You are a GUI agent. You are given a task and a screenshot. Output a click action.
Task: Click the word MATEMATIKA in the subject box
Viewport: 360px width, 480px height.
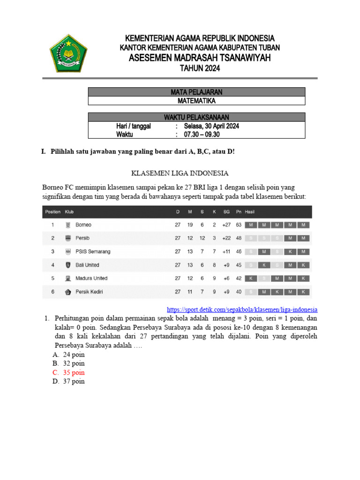click(196, 100)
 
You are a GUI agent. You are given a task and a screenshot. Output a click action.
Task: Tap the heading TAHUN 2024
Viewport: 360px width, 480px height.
click(200, 68)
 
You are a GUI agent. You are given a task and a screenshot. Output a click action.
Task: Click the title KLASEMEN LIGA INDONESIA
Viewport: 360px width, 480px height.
click(180, 173)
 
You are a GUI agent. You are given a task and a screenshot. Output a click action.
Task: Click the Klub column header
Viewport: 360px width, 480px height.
click(69, 212)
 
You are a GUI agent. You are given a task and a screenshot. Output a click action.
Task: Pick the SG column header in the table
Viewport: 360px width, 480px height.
click(226, 212)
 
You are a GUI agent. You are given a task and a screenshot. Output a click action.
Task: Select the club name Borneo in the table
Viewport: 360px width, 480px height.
click(83, 225)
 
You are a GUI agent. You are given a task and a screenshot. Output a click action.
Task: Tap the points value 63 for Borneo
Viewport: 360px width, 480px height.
click(239, 225)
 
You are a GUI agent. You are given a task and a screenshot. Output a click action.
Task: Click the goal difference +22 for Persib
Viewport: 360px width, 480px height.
click(227, 238)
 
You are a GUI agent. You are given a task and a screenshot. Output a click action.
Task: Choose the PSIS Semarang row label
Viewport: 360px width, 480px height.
click(93, 252)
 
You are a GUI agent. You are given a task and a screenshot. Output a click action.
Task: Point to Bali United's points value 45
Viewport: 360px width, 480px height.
click(239, 265)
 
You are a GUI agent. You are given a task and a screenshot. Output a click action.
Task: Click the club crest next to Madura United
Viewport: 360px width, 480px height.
click(68, 278)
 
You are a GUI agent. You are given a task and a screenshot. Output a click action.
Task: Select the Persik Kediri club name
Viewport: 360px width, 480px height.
click(89, 292)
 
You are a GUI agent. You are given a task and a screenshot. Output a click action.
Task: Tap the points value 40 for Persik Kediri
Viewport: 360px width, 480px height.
click(239, 292)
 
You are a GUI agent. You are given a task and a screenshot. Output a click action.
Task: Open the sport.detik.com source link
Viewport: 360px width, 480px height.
click(242, 310)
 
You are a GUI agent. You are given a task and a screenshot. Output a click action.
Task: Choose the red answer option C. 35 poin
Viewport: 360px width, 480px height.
click(68, 373)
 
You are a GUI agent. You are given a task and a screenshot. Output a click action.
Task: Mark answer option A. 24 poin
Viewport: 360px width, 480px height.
click(68, 355)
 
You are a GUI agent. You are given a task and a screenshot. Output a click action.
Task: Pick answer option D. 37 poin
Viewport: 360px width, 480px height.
click(68, 382)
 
